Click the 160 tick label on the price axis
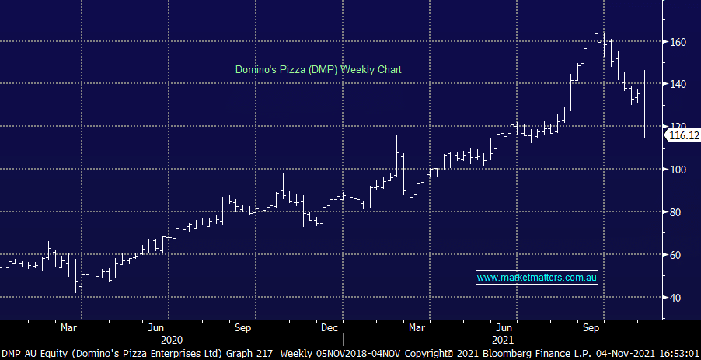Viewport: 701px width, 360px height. pos(678,41)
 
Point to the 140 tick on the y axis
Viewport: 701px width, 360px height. pos(678,84)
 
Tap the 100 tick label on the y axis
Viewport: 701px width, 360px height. pos(678,169)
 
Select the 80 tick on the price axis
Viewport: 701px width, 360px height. pos(677,211)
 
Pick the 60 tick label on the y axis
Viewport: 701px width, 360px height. pos(677,254)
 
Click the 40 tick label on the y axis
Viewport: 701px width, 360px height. pos(677,297)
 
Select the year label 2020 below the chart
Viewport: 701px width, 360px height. pos(171,340)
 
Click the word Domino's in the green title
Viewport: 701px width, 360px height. pos(256,69)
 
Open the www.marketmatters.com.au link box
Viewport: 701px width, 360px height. pos(536,277)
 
